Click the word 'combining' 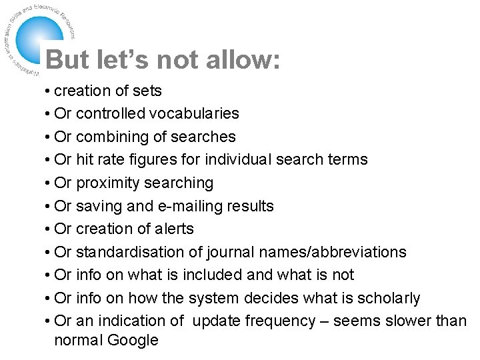(109, 137)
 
